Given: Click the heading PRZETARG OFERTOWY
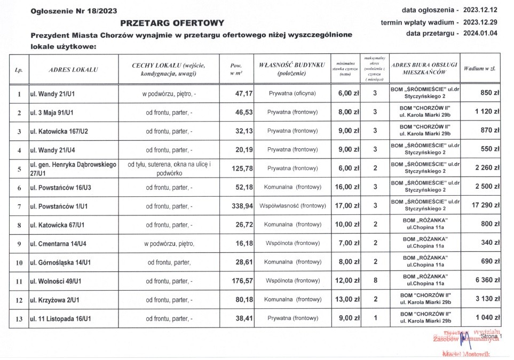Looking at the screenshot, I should [172, 22].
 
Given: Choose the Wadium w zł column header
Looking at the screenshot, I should [481, 69].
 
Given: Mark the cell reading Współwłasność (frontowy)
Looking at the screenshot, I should [292, 206].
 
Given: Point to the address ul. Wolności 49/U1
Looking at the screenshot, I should [59, 281].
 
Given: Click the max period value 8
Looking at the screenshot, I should [375, 281].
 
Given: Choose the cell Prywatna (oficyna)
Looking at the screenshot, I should [292, 93].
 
